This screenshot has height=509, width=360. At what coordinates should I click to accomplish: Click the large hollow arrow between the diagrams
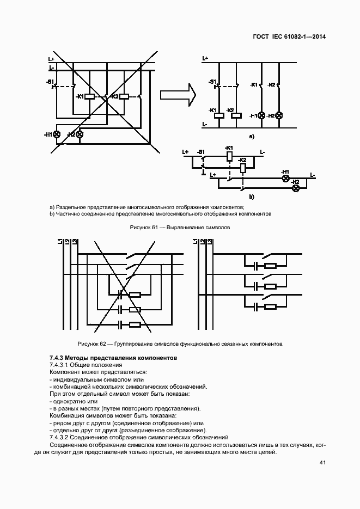178,95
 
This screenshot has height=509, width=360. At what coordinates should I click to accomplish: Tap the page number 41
322,463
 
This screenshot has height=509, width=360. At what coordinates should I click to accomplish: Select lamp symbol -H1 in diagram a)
261,115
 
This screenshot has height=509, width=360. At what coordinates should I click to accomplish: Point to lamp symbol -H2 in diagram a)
279,115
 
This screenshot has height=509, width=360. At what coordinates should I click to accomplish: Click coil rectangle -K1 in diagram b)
229,156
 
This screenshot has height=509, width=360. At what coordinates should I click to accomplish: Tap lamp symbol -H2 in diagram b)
296,188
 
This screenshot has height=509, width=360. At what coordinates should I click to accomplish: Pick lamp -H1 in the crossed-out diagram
56,134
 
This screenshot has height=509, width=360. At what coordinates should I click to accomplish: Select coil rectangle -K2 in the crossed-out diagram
124,97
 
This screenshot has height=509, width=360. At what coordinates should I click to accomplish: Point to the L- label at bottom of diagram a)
204,125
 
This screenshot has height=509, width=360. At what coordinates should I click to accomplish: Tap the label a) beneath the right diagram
252,137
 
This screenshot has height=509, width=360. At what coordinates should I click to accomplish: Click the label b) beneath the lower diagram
252,197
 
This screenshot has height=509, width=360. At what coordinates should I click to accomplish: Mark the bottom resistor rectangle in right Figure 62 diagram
270,306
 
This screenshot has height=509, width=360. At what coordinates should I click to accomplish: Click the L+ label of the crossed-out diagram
51,59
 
